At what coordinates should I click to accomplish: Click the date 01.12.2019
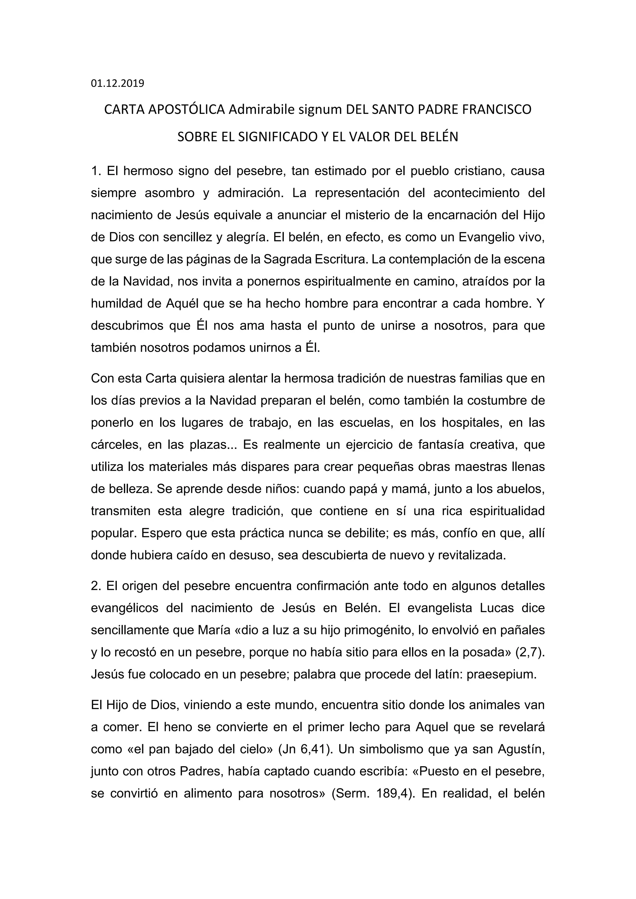(117, 84)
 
